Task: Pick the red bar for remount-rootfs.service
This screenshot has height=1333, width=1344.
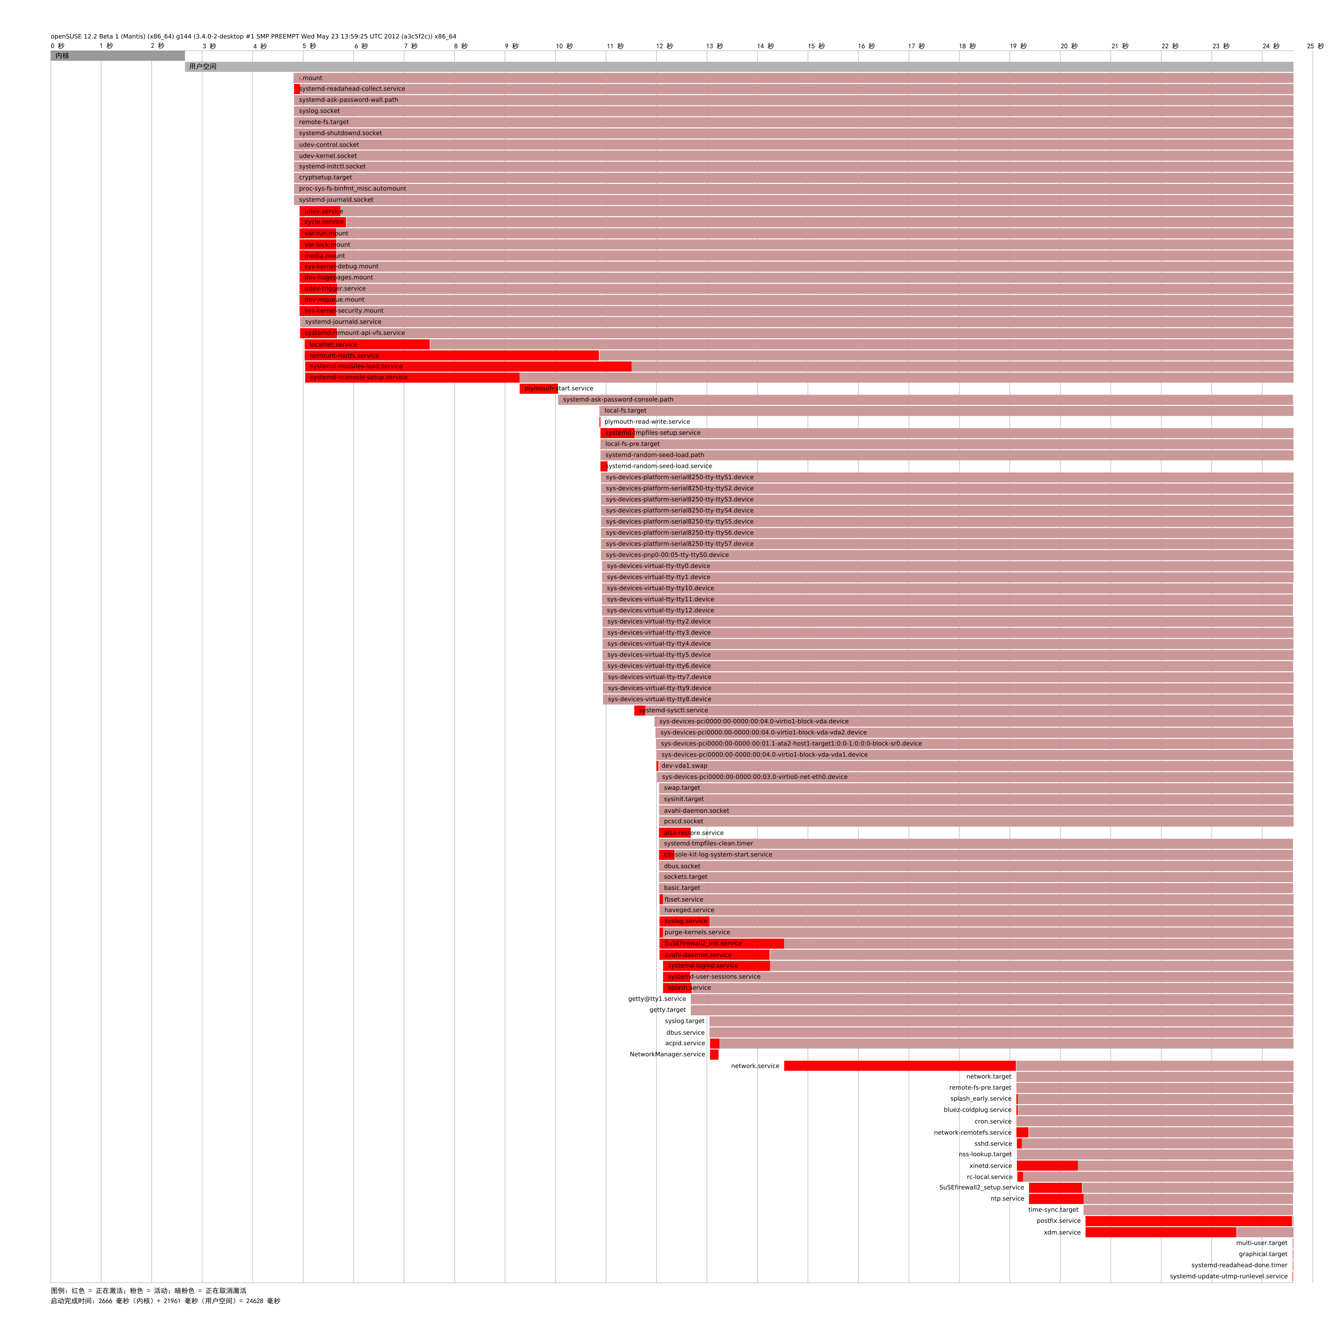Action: [452, 355]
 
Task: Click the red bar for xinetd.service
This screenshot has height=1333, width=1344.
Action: [1046, 1165]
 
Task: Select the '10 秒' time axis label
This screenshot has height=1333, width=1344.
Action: [564, 46]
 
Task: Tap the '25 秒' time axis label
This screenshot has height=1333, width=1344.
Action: [1315, 46]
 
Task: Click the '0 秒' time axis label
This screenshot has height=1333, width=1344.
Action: [57, 46]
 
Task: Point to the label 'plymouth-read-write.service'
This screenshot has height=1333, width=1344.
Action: [647, 422]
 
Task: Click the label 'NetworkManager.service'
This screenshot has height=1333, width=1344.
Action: [667, 1054]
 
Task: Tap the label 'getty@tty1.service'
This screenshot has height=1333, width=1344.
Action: [657, 999]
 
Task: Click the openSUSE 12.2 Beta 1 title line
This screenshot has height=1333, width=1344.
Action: [253, 36]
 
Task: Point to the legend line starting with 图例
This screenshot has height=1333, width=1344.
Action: [148, 1291]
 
